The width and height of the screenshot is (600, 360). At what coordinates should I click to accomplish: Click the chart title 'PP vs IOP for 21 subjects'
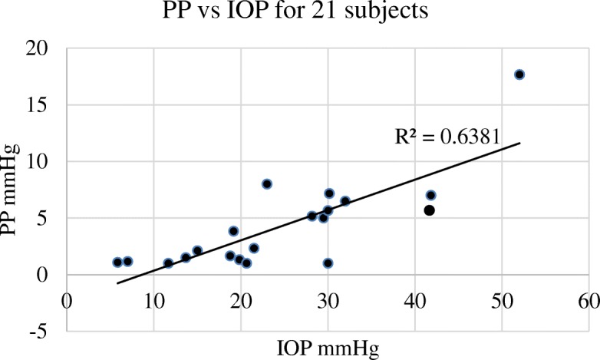click(x=299, y=14)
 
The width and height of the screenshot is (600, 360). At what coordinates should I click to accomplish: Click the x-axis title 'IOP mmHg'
click(x=328, y=348)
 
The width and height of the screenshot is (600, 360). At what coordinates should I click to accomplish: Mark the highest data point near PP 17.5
click(x=519, y=74)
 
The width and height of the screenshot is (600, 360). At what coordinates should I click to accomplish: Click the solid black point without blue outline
click(x=430, y=210)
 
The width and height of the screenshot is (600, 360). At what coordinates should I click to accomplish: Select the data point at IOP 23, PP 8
click(x=267, y=184)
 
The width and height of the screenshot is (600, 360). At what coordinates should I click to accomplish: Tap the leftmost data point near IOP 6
click(x=117, y=262)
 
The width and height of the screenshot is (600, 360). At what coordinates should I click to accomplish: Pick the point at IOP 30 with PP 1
click(x=328, y=263)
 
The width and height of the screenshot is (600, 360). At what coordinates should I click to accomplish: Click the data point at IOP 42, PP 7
click(x=431, y=195)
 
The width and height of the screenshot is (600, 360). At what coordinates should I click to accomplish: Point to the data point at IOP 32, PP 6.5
click(x=345, y=201)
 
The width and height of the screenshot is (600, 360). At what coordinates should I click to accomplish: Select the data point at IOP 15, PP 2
click(x=197, y=251)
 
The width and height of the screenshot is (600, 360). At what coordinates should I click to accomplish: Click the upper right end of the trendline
click(x=520, y=143)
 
